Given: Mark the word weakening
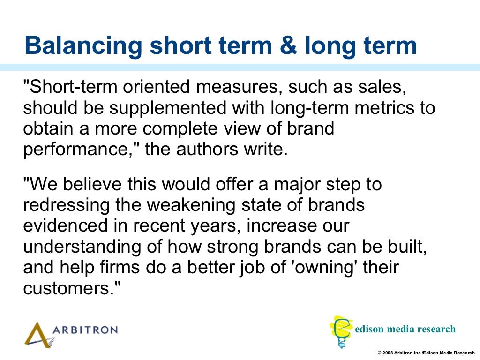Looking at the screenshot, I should (198, 205).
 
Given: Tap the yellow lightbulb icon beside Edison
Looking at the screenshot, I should (342, 331).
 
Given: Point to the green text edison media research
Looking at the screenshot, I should (405, 329).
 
